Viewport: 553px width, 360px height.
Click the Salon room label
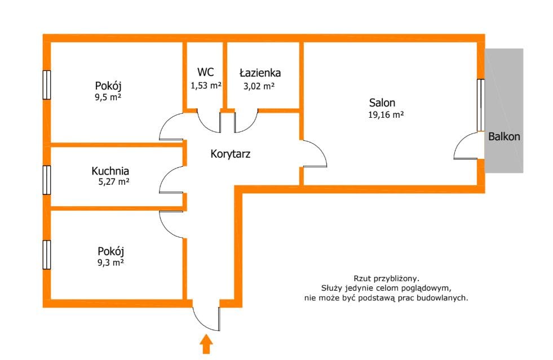click(x=382, y=103)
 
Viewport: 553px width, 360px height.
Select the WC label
click(x=205, y=72)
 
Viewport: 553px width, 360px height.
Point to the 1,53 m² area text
click(x=206, y=86)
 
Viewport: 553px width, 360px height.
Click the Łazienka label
click(x=260, y=73)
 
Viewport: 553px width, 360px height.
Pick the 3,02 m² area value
click(x=259, y=86)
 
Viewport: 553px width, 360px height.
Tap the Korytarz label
click(x=231, y=153)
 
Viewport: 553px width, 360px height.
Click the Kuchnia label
click(x=110, y=171)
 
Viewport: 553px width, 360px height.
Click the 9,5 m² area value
click(x=109, y=97)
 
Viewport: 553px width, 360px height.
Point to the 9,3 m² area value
click(x=110, y=262)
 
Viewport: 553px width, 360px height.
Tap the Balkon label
click(x=504, y=136)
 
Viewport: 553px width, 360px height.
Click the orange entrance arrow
click(x=206, y=344)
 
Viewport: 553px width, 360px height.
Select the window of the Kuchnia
click(x=47, y=180)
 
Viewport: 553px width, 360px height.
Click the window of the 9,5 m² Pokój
click(x=47, y=85)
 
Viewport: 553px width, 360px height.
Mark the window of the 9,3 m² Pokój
click(x=47, y=255)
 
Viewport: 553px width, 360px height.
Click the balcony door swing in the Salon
click(x=466, y=148)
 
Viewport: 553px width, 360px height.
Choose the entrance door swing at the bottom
click(x=206, y=319)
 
